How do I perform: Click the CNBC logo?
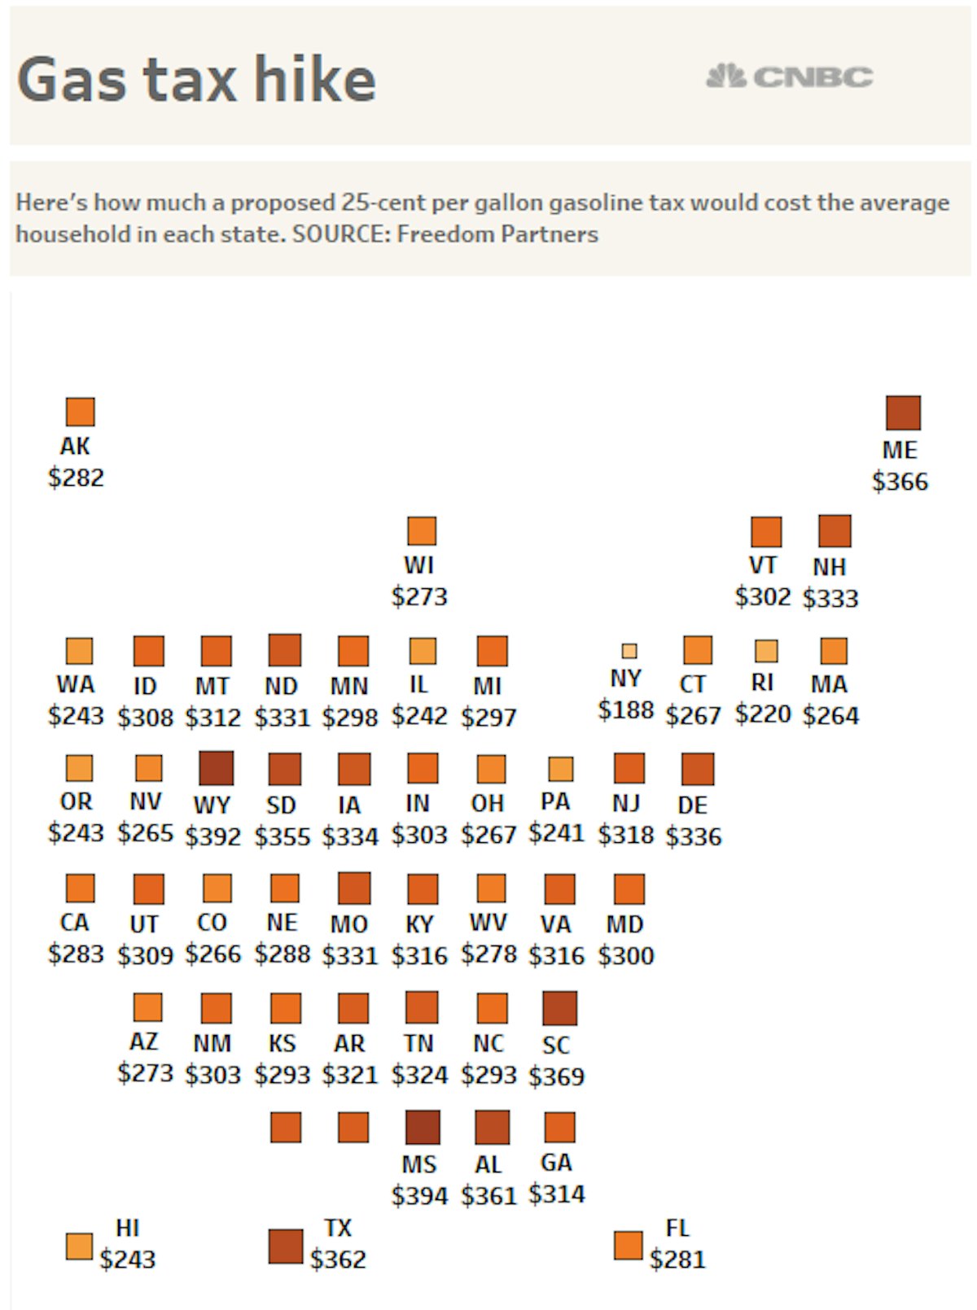coord(789,76)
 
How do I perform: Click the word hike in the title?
coord(314,79)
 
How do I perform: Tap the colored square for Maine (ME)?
coord(903,413)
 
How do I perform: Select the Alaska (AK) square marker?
coord(80,412)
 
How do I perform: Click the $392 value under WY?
coord(212,836)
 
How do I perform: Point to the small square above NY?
coord(629,650)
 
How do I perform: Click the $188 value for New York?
coord(625,710)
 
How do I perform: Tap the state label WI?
coord(418,565)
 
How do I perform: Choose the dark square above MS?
coord(422,1127)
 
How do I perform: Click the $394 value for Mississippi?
coord(419,1196)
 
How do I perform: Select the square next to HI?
coord(79,1247)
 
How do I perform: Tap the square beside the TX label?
coord(285,1247)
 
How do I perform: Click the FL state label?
coord(677,1227)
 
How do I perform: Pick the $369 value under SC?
coord(556,1076)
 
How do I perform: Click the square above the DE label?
coord(697,769)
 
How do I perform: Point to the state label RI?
coord(762,683)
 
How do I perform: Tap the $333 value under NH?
coord(830,599)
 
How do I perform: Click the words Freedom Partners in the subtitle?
coord(497,234)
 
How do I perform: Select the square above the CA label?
coord(80,888)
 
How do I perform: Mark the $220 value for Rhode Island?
coord(762,714)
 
